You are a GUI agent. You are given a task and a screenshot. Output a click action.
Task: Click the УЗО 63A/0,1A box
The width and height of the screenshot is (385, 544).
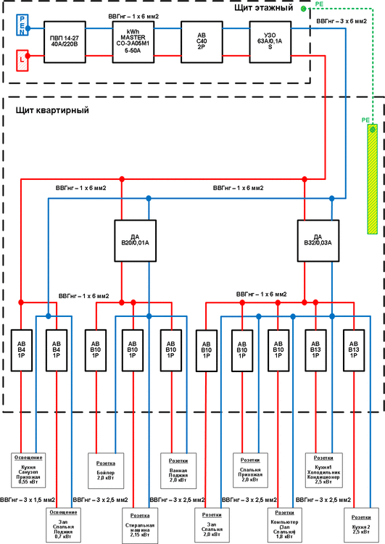[270, 42]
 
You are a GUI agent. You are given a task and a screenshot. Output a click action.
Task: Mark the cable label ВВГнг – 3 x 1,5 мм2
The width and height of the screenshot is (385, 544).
[28, 500]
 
